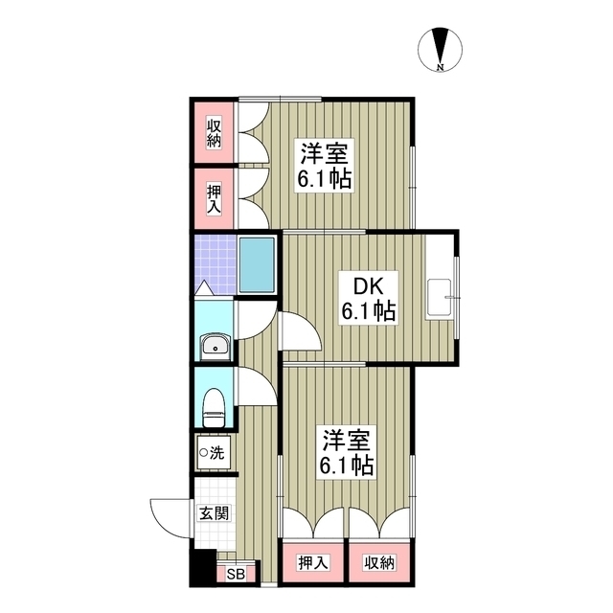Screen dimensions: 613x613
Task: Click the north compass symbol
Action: (441, 48)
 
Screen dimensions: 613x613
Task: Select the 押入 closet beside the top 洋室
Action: (214, 198)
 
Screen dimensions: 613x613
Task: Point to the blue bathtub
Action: (257, 264)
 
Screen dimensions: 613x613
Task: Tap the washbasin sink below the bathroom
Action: (214, 346)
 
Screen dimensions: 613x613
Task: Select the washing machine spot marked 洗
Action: (213, 452)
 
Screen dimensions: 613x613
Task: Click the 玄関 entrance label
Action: (215, 513)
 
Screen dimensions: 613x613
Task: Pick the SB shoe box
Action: (236, 575)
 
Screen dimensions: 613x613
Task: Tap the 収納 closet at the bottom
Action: (377, 563)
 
